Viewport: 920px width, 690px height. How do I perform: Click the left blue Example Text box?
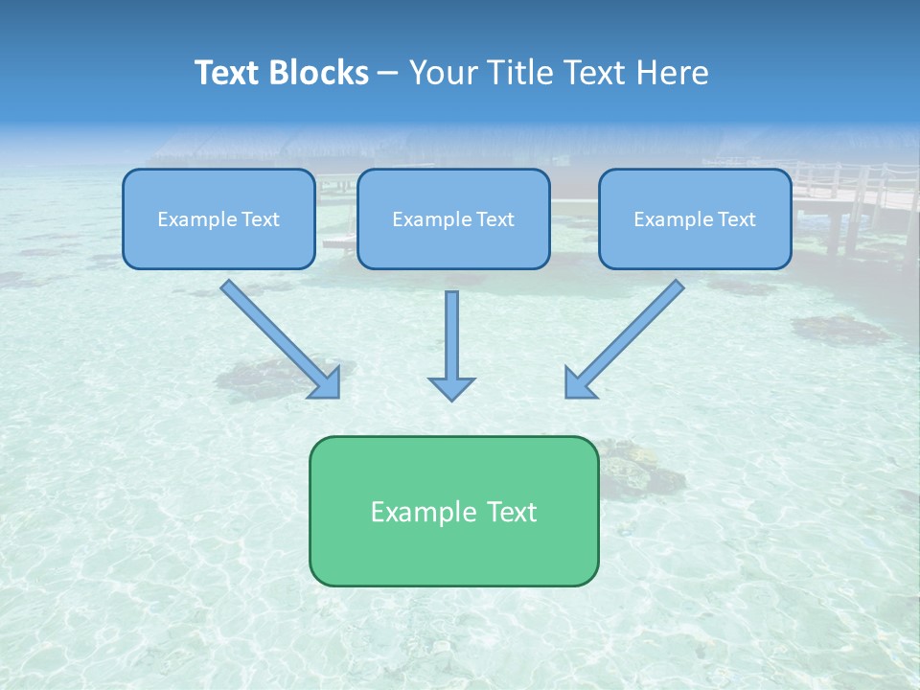click(x=218, y=218)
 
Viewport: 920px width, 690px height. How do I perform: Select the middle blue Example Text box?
click(x=453, y=218)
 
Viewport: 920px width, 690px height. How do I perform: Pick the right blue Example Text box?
click(x=695, y=218)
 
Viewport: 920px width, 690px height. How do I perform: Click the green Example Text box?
click(x=453, y=511)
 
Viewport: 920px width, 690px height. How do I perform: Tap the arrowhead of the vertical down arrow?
click(x=451, y=388)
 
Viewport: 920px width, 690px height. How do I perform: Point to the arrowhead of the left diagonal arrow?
click(x=327, y=383)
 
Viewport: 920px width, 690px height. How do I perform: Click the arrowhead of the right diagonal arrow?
click(x=579, y=383)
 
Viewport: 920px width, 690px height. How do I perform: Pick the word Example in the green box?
click(x=422, y=512)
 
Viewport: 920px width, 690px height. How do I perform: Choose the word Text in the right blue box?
click(x=736, y=219)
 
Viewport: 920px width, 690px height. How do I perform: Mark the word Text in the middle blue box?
click(x=494, y=219)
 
